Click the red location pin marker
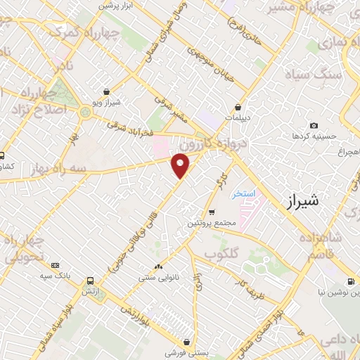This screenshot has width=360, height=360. tap(181, 165)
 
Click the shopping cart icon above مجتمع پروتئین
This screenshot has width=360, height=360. tap(212, 212)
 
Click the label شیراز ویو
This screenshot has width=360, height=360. tap(105, 103)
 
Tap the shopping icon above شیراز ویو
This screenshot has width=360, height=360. tap(105, 91)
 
